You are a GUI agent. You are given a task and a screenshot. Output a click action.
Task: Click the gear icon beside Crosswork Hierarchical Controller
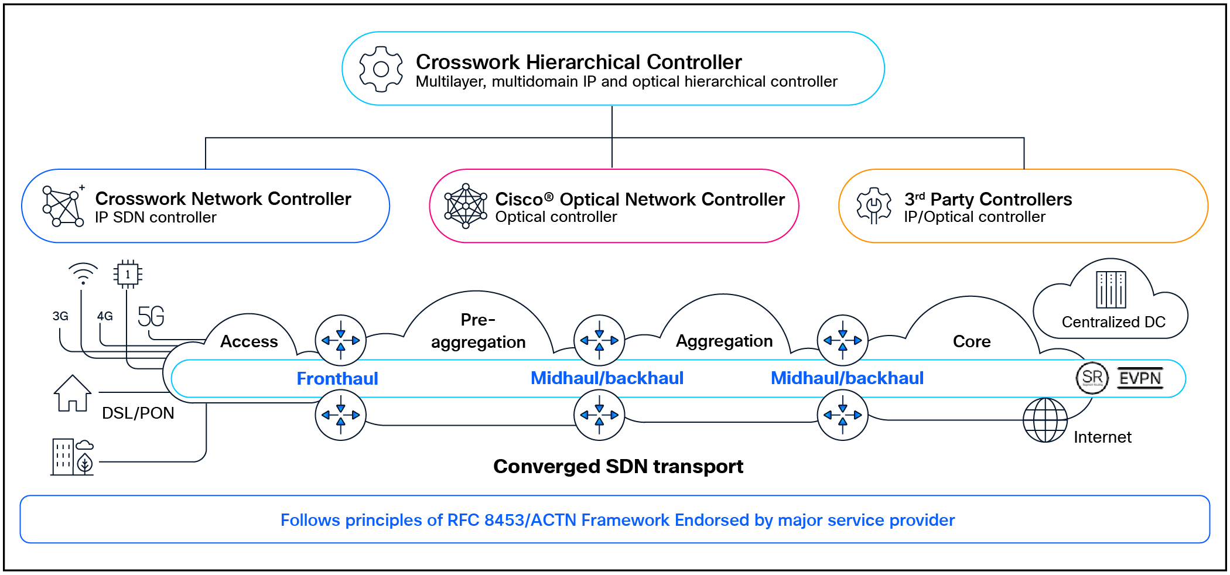pyautogui.click(x=381, y=69)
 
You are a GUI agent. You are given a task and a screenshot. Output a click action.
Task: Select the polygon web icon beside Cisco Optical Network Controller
pyautogui.click(x=466, y=206)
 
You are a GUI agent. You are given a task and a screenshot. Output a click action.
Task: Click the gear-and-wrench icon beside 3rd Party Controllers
pyautogui.click(x=873, y=206)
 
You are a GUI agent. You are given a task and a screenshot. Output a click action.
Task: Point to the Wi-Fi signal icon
pyautogui.click(x=83, y=273)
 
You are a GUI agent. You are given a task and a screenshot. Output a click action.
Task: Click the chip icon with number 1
pyautogui.click(x=128, y=274)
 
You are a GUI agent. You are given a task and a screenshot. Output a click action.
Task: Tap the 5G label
pyautogui.click(x=151, y=316)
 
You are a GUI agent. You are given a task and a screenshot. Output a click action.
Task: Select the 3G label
pyautogui.click(x=60, y=316)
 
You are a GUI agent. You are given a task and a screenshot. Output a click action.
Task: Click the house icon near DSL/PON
pyautogui.click(x=72, y=393)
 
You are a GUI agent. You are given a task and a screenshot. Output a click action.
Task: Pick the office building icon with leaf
pyautogui.click(x=72, y=457)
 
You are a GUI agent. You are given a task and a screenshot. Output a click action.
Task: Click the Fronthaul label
pyautogui.click(x=337, y=378)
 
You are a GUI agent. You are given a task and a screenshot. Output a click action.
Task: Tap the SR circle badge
pyautogui.click(x=1092, y=378)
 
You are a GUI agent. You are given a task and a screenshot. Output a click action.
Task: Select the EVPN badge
pyautogui.click(x=1140, y=378)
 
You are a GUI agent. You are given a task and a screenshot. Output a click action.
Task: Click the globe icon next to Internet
pyautogui.click(x=1045, y=420)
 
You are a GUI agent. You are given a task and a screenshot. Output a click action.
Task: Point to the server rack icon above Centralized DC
pyautogui.click(x=1111, y=289)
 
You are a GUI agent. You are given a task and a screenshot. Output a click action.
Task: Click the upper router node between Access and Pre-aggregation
pyautogui.click(x=341, y=340)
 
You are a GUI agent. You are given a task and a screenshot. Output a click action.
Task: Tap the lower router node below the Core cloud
pyautogui.click(x=842, y=415)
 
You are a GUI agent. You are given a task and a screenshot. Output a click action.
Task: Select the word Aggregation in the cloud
pyautogui.click(x=724, y=341)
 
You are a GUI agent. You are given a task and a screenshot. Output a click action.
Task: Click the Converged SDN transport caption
pyautogui.click(x=618, y=466)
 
